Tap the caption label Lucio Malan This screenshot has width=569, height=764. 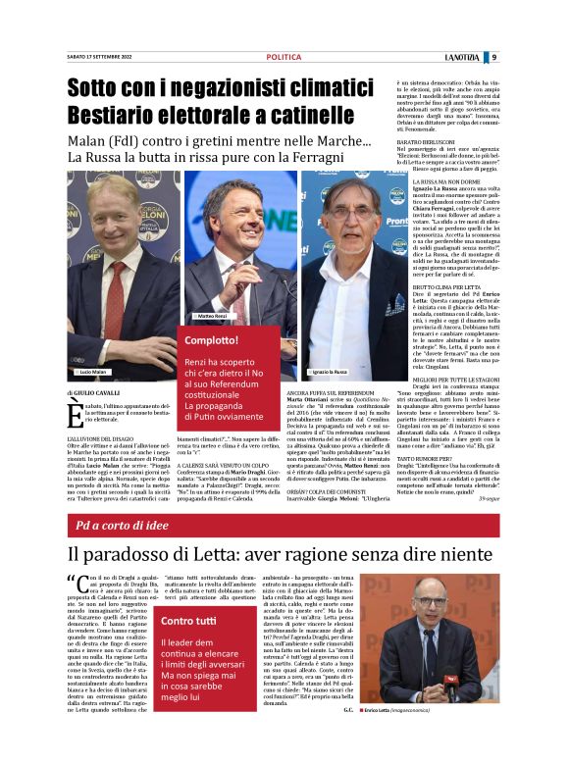click(x=92, y=372)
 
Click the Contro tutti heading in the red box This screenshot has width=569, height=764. click(x=190, y=622)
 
